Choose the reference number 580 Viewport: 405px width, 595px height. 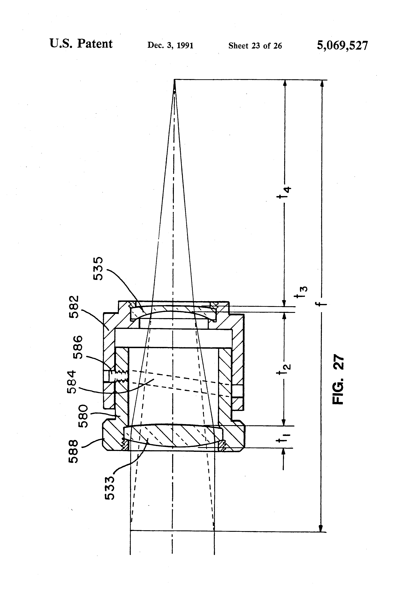83,416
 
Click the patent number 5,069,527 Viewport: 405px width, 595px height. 342,46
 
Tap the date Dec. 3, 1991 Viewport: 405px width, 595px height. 170,46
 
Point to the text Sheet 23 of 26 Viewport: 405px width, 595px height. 255,46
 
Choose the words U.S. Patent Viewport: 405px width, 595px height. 81,44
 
